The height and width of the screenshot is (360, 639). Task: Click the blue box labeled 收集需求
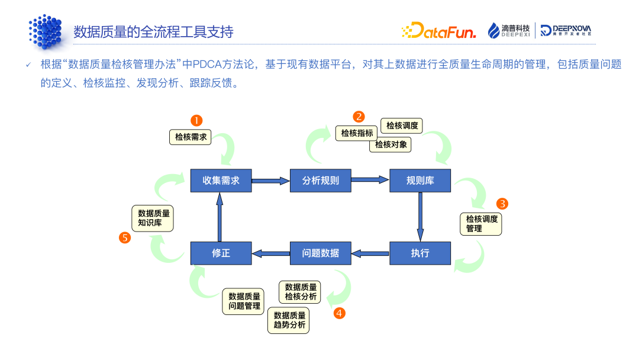pos(221,181)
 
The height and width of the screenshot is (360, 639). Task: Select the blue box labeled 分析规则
pos(320,181)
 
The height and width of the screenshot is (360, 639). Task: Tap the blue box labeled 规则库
pos(420,181)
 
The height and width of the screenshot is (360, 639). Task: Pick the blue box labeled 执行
pos(420,253)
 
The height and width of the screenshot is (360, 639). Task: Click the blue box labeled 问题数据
pos(320,253)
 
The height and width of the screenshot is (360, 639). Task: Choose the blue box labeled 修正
pos(221,253)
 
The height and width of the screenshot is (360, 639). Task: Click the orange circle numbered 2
pos(359,116)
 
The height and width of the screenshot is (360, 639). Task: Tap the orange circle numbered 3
pos(502,204)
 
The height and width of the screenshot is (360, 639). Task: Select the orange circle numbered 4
pos(339,313)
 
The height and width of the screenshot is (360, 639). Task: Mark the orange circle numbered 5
pos(125,238)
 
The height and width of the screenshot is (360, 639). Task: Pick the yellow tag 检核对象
pos(390,144)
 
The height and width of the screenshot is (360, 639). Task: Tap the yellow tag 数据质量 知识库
pos(153,218)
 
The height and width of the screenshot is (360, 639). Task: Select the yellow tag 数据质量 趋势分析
pos(289,320)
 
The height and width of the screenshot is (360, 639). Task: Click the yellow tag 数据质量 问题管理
pos(244,301)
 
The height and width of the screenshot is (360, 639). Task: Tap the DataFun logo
pos(438,31)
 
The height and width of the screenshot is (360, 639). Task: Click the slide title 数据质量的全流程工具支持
pos(153,31)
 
